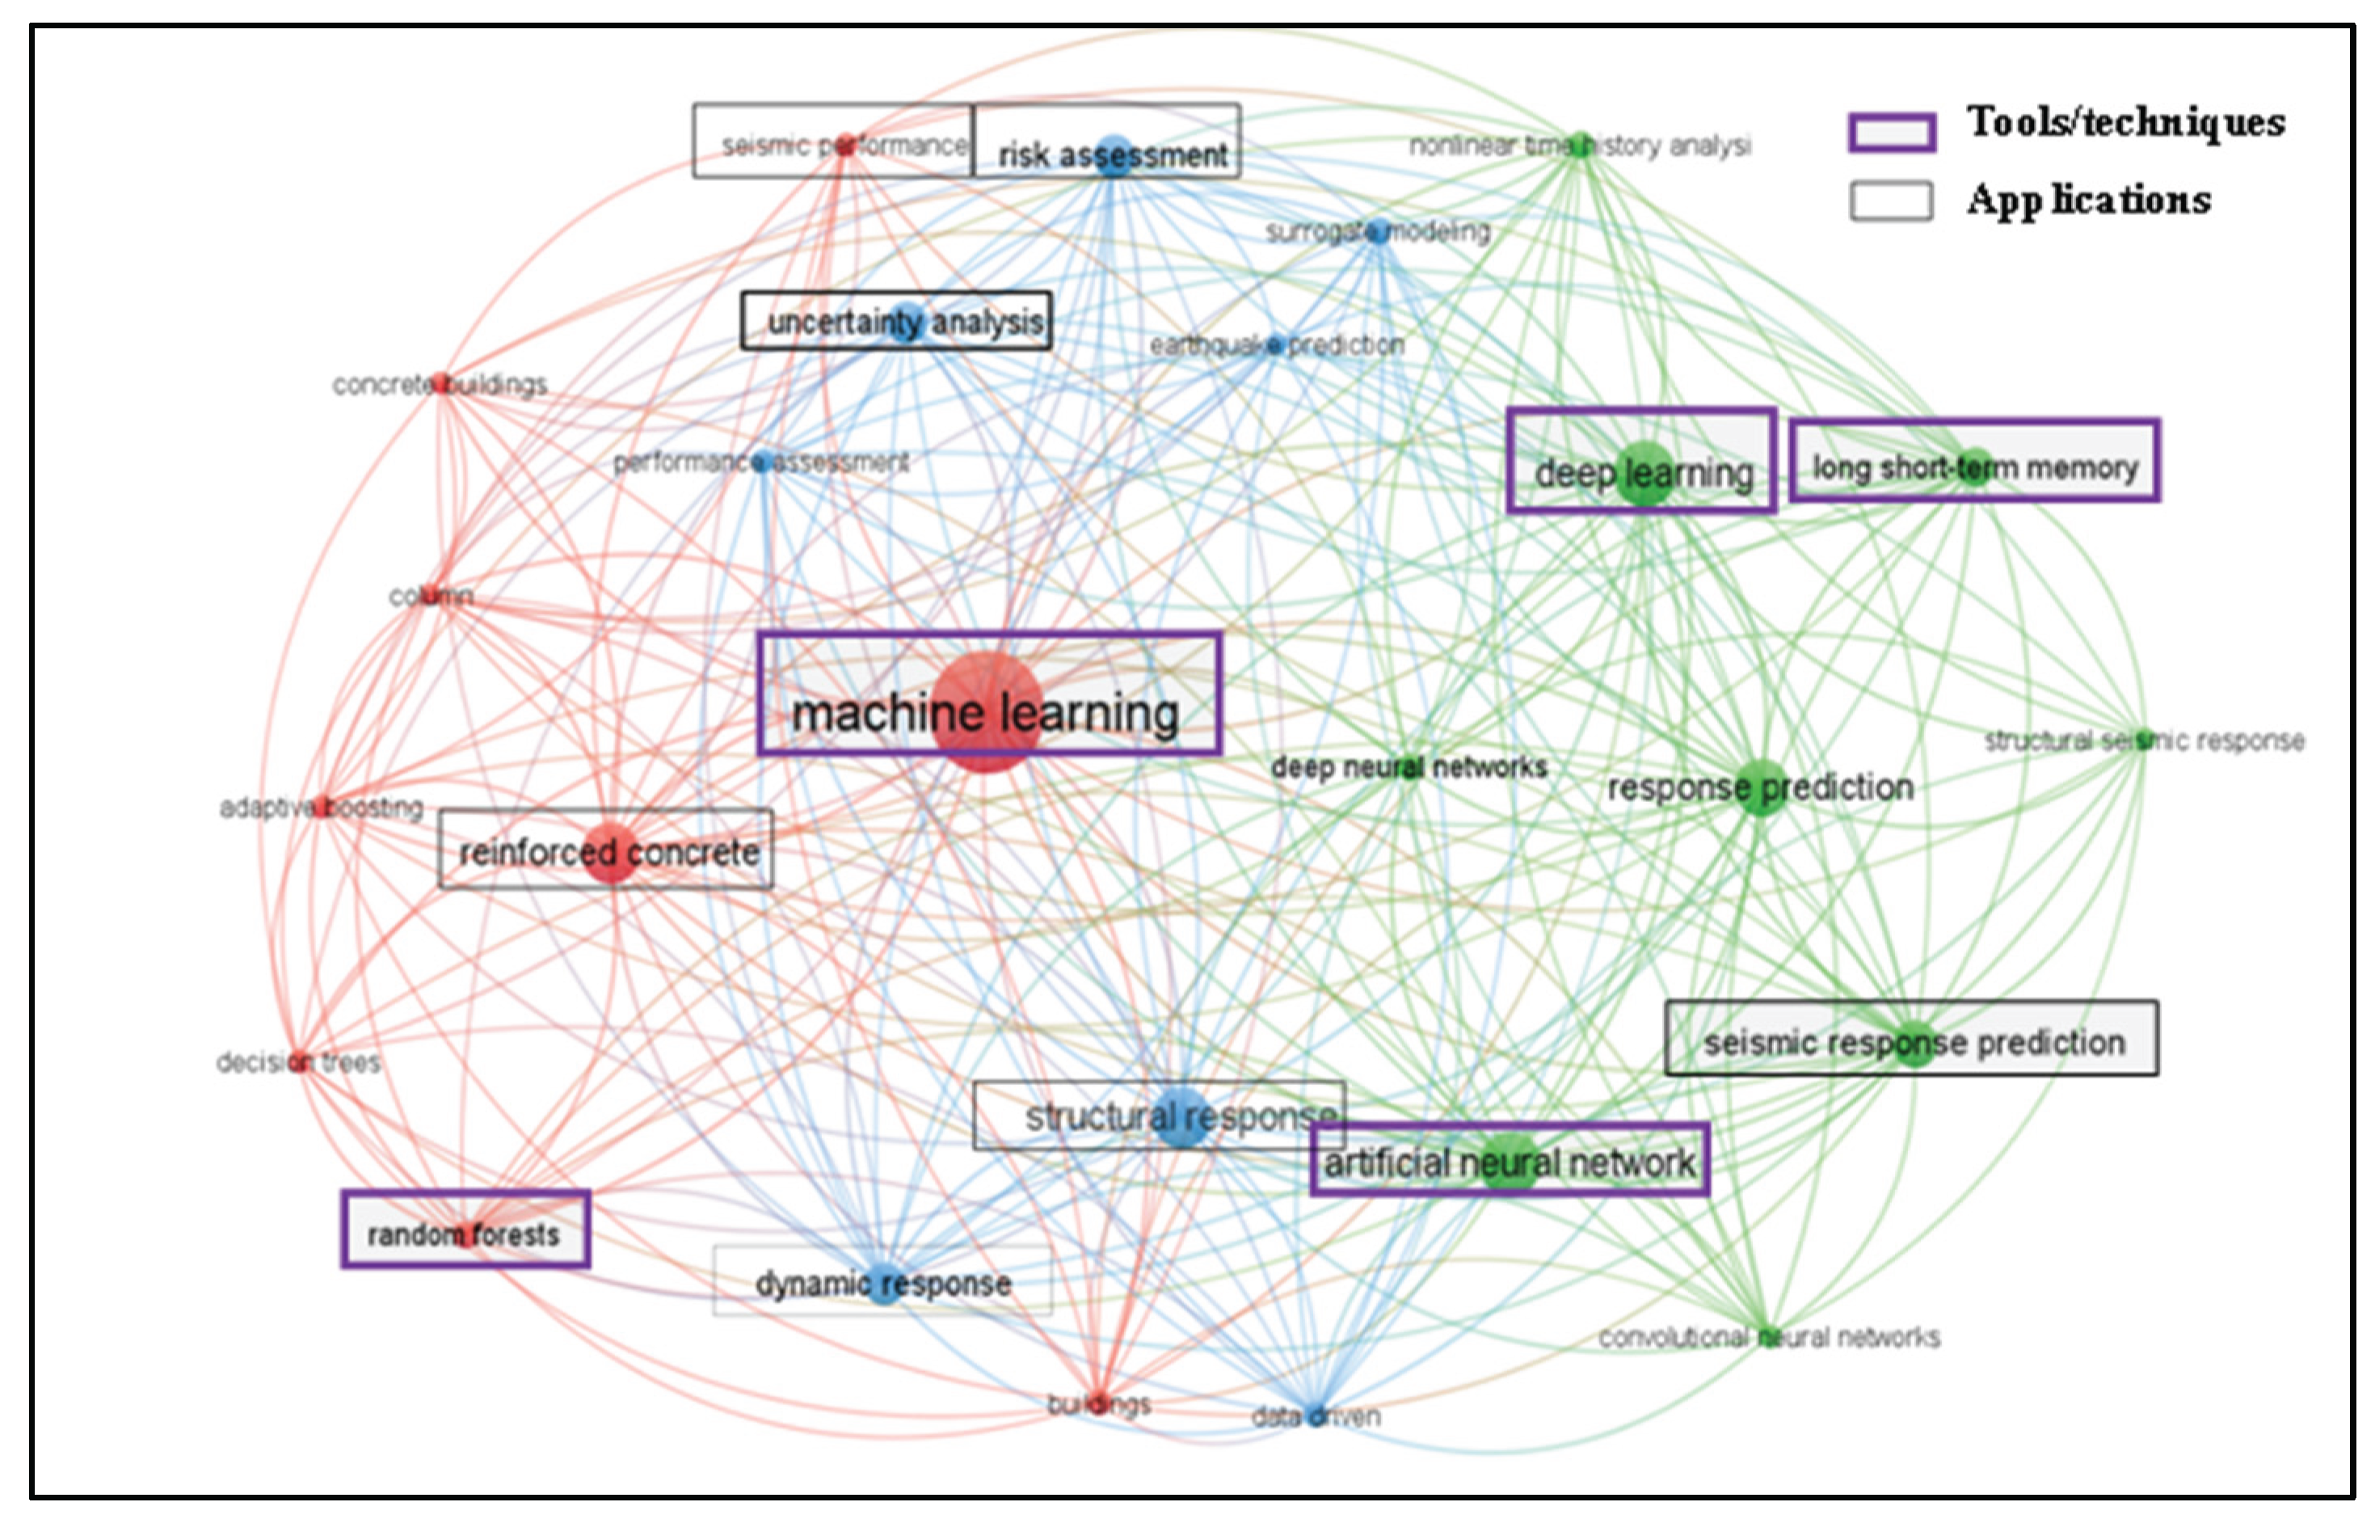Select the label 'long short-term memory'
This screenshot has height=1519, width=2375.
click(x=1974, y=466)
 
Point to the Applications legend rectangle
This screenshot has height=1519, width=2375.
click(x=1891, y=201)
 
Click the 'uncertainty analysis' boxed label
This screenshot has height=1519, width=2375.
click(x=904, y=322)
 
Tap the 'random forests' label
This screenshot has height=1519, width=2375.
click(x=464, y=1234)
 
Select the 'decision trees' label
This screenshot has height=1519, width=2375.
click(x=298, y=1062)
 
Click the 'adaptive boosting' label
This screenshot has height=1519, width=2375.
click(x=322, y=808)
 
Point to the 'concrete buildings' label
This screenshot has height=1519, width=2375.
click(x=440, y=385)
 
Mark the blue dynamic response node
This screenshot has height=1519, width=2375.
click(x=884, y=1282)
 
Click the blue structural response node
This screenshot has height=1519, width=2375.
click(x=1180, y=1117)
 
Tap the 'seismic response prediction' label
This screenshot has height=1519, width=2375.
click(x=1914, y=1043)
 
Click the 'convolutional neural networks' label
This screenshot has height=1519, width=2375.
click(x=1768, y=1337)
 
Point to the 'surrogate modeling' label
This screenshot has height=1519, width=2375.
click(x=1378, y=232)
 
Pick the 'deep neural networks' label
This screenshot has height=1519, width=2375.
click(x=1409, y=766)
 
